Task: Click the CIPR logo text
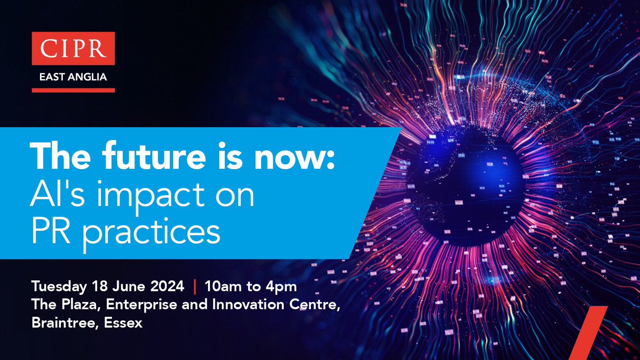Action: (x=73, y=46)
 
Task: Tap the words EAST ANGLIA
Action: (x=73, y=77)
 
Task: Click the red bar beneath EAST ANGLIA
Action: (x=73, y=90)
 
